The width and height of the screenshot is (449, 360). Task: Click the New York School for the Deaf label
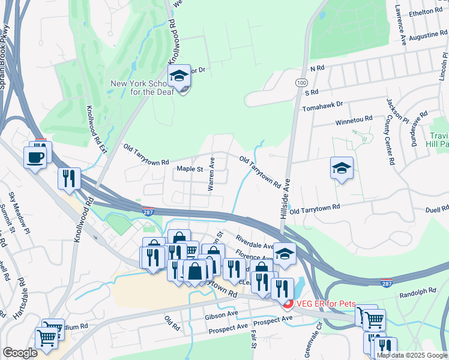142,88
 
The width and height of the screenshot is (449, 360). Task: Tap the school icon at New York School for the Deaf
178,76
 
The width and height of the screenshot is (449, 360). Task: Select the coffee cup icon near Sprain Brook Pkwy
35,157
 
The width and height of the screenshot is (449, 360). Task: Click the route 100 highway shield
300,81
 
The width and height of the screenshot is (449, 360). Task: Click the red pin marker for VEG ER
288,304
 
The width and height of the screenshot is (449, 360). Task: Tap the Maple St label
190,169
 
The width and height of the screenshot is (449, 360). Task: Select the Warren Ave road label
211,175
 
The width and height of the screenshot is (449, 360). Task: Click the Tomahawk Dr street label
323,104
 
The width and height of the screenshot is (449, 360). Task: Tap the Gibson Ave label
221,314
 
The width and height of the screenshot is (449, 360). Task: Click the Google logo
20,353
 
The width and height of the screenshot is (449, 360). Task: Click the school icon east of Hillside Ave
342,169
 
